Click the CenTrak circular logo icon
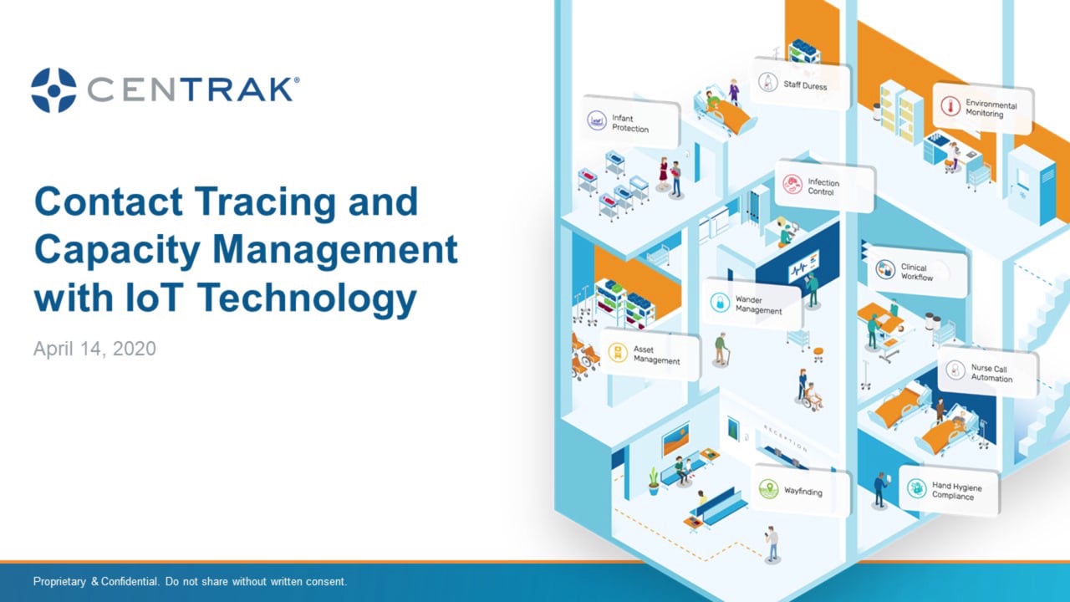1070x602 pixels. (x=53, y=90)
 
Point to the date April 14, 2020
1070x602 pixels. (x=94, y=348)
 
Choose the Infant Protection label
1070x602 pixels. (x=631, y=124)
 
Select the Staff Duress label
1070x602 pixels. (x=800, y=84)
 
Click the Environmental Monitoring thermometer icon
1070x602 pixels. (x=948, y=106)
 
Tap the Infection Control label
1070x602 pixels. (x=824, y=186)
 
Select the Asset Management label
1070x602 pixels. (x=650, y=355)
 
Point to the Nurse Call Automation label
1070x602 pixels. (x=987, y=373)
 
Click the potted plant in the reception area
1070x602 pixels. (x=654, y=481)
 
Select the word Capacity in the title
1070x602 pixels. (x=115, y=250)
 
